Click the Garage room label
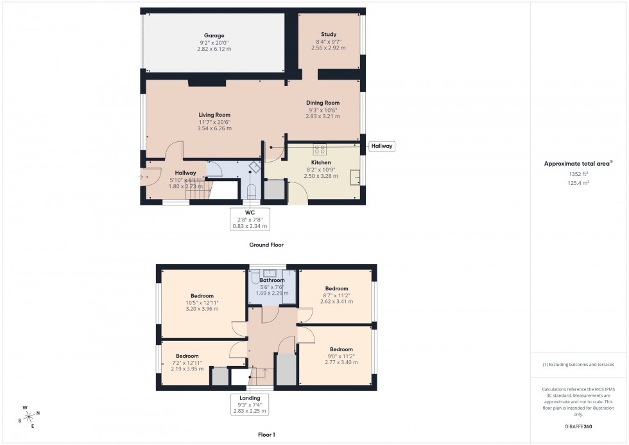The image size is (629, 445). click(x=214, y=36)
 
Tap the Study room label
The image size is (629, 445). click(x=329, y=35)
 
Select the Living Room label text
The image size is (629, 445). click(x=214, y=116)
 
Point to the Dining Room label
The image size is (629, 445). click(x=323, y=103)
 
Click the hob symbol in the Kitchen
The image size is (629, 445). click(x=320, y=150)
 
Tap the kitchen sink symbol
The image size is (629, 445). click(x=354, y=178)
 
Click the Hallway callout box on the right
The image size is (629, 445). click(x=382, y=146)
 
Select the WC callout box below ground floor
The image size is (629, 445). click(x=250, y=218)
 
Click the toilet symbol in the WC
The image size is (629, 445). click(x=252, y=190)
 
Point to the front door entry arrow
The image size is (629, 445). click(x=142, y=176)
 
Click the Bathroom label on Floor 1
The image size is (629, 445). click(x=272, y=281)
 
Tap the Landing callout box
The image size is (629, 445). click(x=250, y=404)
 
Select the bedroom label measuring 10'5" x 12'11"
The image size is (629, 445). click(x=202, y=296)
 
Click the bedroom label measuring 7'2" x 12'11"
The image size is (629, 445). click(x=187, y=356)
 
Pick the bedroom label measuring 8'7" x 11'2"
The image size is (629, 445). click(x=336, y=289)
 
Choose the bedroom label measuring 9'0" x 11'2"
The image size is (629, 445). click(x=341, y=349)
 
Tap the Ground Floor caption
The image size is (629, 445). click(x=266, y=245)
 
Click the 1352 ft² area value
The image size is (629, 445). click(x=578, y=173)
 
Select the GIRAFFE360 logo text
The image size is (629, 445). click(x=578, y=426)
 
